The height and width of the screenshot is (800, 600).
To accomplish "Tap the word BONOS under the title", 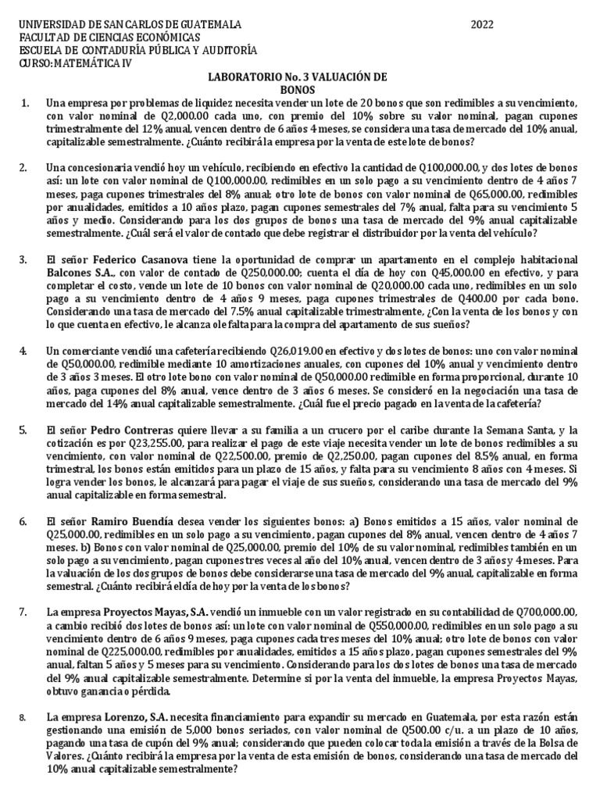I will click(297, 91).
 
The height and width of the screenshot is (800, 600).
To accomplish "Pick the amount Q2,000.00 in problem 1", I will click(153, 116).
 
